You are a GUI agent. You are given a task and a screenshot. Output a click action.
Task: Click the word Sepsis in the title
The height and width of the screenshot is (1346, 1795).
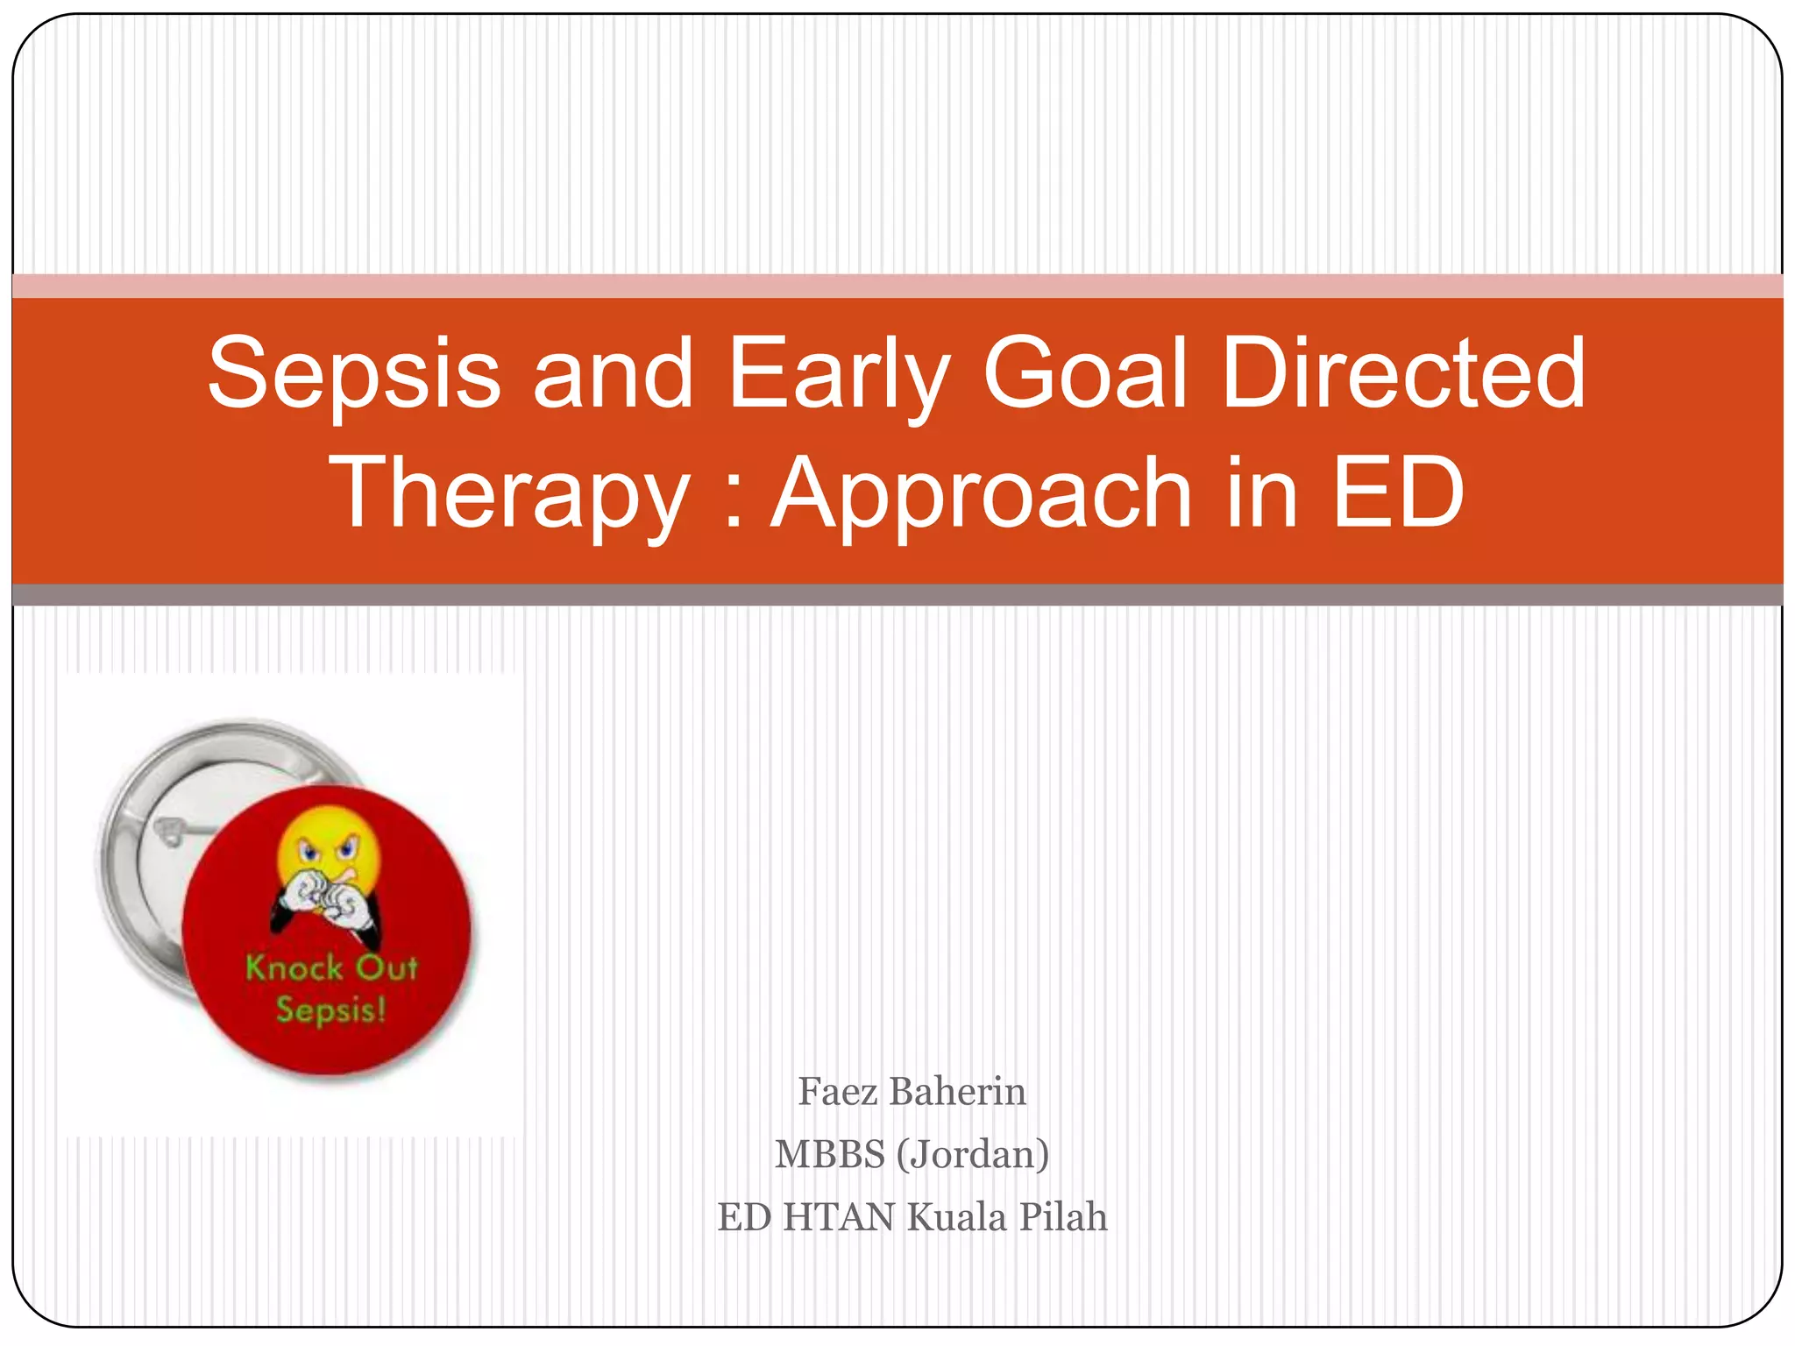tap(354, 375)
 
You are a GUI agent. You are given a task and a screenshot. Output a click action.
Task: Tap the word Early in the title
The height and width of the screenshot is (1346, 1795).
tap(838, 375)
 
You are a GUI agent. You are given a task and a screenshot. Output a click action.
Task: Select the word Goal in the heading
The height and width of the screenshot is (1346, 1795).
tap(1085, 375)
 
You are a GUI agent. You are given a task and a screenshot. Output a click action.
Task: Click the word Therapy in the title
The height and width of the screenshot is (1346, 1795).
tap(509, 495)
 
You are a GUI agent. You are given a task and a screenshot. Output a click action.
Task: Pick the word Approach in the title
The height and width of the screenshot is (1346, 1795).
tap(981, 495)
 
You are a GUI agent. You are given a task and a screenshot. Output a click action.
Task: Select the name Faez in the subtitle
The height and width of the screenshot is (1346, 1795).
tap(836, 1092)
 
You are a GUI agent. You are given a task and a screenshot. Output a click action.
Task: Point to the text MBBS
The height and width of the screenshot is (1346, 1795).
tap(829, 1154)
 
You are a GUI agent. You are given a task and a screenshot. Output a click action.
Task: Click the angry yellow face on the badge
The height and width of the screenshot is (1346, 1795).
tap(329, 846)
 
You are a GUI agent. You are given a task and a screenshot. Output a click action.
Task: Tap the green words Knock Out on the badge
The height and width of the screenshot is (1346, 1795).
tap(331, 968)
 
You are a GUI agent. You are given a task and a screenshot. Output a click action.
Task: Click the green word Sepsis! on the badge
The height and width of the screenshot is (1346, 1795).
tap(330, 1010)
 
